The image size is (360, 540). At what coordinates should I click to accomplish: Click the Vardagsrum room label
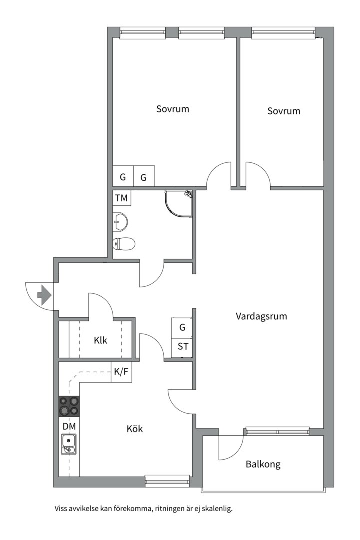(261, 316)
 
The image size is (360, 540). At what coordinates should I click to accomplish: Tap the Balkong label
(263, 464)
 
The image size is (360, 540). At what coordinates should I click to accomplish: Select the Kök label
(135, 429)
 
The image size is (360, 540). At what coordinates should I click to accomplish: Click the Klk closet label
(101, 341)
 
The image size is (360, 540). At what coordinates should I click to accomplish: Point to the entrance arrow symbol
(44, 295)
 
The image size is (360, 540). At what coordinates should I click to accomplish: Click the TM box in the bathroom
(121, 198)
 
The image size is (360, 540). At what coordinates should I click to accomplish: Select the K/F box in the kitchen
(121, 372)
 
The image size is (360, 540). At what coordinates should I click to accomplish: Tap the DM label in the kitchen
(69, 426)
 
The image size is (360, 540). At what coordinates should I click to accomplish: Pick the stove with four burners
(69, 406)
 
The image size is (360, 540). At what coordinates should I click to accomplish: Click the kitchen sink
(69, 444)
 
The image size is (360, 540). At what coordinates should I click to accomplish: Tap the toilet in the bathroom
(124, 244)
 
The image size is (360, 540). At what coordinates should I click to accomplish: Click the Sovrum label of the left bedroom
(173, 109)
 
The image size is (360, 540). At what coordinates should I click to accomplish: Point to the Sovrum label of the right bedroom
(284, 111)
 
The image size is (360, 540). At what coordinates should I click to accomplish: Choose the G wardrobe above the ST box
(182, 328)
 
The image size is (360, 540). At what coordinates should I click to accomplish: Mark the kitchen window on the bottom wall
(167, 481)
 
